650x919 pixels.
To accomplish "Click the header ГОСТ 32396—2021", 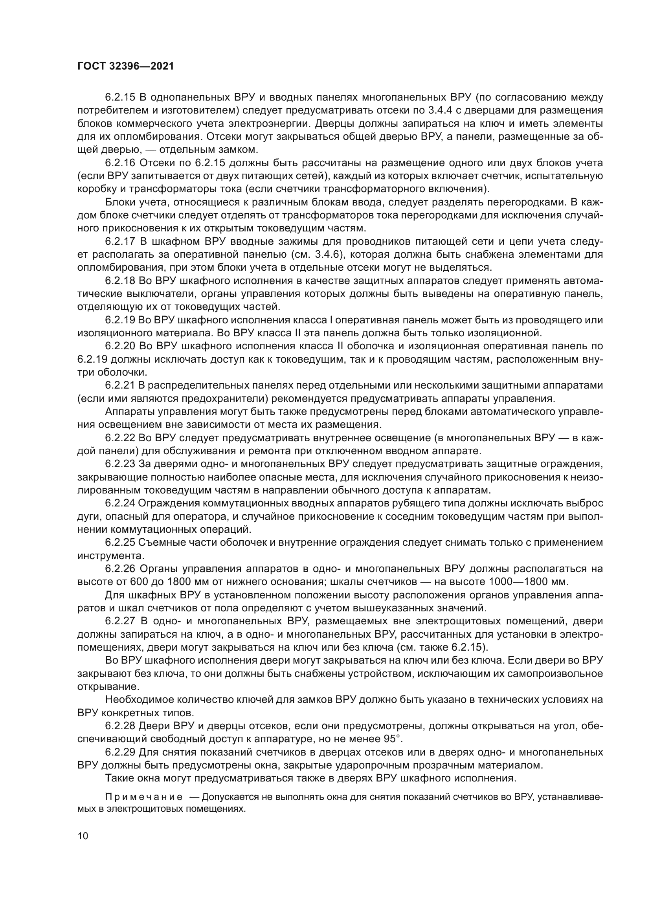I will [126, 66].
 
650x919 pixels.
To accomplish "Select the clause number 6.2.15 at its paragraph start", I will [120, 97].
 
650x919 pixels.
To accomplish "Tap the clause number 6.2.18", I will [120, 281].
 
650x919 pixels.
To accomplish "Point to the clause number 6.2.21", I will [120, 385].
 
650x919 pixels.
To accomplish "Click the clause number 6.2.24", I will [120, 503].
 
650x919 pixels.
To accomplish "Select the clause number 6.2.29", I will [120, 752].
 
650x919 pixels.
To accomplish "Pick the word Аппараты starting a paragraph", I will [128, 411].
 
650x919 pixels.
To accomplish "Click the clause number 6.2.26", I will [120, 569].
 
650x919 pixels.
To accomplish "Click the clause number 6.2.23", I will [120, 464].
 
